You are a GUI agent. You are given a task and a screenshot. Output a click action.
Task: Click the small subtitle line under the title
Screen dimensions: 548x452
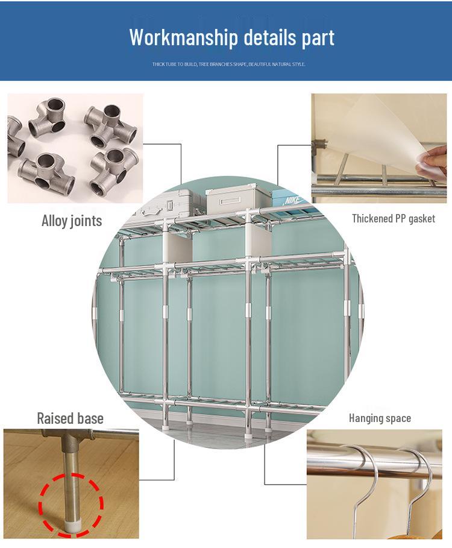pos(228,64)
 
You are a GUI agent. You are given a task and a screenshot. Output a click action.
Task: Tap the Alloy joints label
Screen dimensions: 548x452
pos(72,221)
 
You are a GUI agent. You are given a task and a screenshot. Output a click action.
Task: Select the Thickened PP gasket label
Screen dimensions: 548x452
pos(393,218)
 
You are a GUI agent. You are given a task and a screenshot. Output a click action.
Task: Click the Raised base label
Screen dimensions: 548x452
pos(70,418)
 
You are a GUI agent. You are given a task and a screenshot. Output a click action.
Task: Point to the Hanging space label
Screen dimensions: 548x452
pos(380,418)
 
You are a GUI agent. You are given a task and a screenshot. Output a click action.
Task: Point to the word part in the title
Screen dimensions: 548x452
pos(318,37)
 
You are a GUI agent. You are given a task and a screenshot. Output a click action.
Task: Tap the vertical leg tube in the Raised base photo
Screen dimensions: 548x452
pos(71,476)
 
